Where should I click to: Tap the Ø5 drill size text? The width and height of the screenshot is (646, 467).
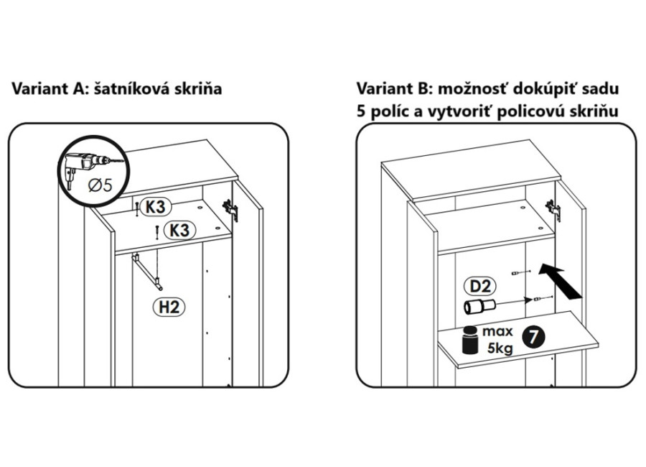click(100, 184)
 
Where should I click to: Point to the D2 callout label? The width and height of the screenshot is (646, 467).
click(482, 286)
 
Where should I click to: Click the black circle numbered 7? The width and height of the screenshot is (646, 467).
click(533, 336)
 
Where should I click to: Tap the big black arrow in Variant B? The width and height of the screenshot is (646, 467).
click(561, 281)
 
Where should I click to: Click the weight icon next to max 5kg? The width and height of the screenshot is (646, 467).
click(468, 340)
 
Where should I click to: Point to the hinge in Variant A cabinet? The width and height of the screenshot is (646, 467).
click(230, 208)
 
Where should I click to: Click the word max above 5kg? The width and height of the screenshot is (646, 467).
click(497, 332)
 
